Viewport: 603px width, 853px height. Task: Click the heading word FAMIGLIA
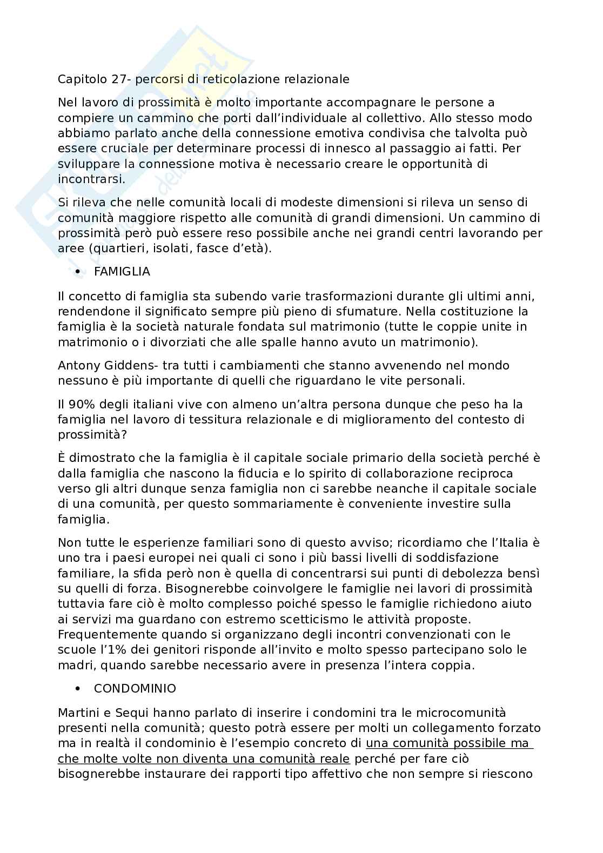tap(122, 272)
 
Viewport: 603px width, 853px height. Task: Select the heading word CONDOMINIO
tap(135, 689)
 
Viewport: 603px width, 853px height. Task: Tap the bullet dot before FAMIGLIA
tap(78, 272)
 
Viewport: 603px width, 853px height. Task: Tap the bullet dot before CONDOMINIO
tap(78, 689)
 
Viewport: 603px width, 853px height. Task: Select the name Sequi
tap(123, 714)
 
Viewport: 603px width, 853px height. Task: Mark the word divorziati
tap(157, 342)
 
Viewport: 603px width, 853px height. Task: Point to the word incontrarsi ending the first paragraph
tap(91, 179)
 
